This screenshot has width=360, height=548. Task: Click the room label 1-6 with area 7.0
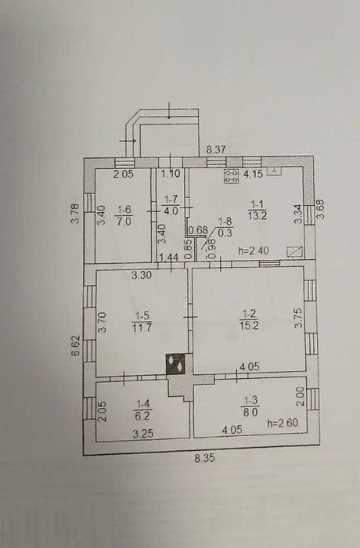(124, 215)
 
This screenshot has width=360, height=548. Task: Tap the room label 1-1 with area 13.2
(257, 209)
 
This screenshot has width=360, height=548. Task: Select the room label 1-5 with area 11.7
(142, 322)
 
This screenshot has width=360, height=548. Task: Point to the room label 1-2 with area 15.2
(249, 319)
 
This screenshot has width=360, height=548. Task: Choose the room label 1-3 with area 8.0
(250, 406)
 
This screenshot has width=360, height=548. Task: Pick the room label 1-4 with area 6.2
(142, 409)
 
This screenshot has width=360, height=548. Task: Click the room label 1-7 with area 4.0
(171, 205)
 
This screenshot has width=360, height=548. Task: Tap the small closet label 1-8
(226, 227)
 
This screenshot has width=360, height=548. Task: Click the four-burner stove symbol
(232, 176)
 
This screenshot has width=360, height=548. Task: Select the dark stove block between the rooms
(175, 364)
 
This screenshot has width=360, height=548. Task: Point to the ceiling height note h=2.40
(254, 251)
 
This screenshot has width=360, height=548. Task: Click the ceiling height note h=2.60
(283, 423)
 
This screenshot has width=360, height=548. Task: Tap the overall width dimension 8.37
(216, 150)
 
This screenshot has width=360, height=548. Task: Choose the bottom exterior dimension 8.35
(205, 458)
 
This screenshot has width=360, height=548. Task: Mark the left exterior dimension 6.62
(76, 345)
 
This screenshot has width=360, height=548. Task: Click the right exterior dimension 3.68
(320, 209)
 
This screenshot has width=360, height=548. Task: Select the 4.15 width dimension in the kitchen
(254, 174)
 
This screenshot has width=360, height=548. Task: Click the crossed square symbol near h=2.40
(294, 251)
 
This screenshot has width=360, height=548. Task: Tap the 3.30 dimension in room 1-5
(142, 275)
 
